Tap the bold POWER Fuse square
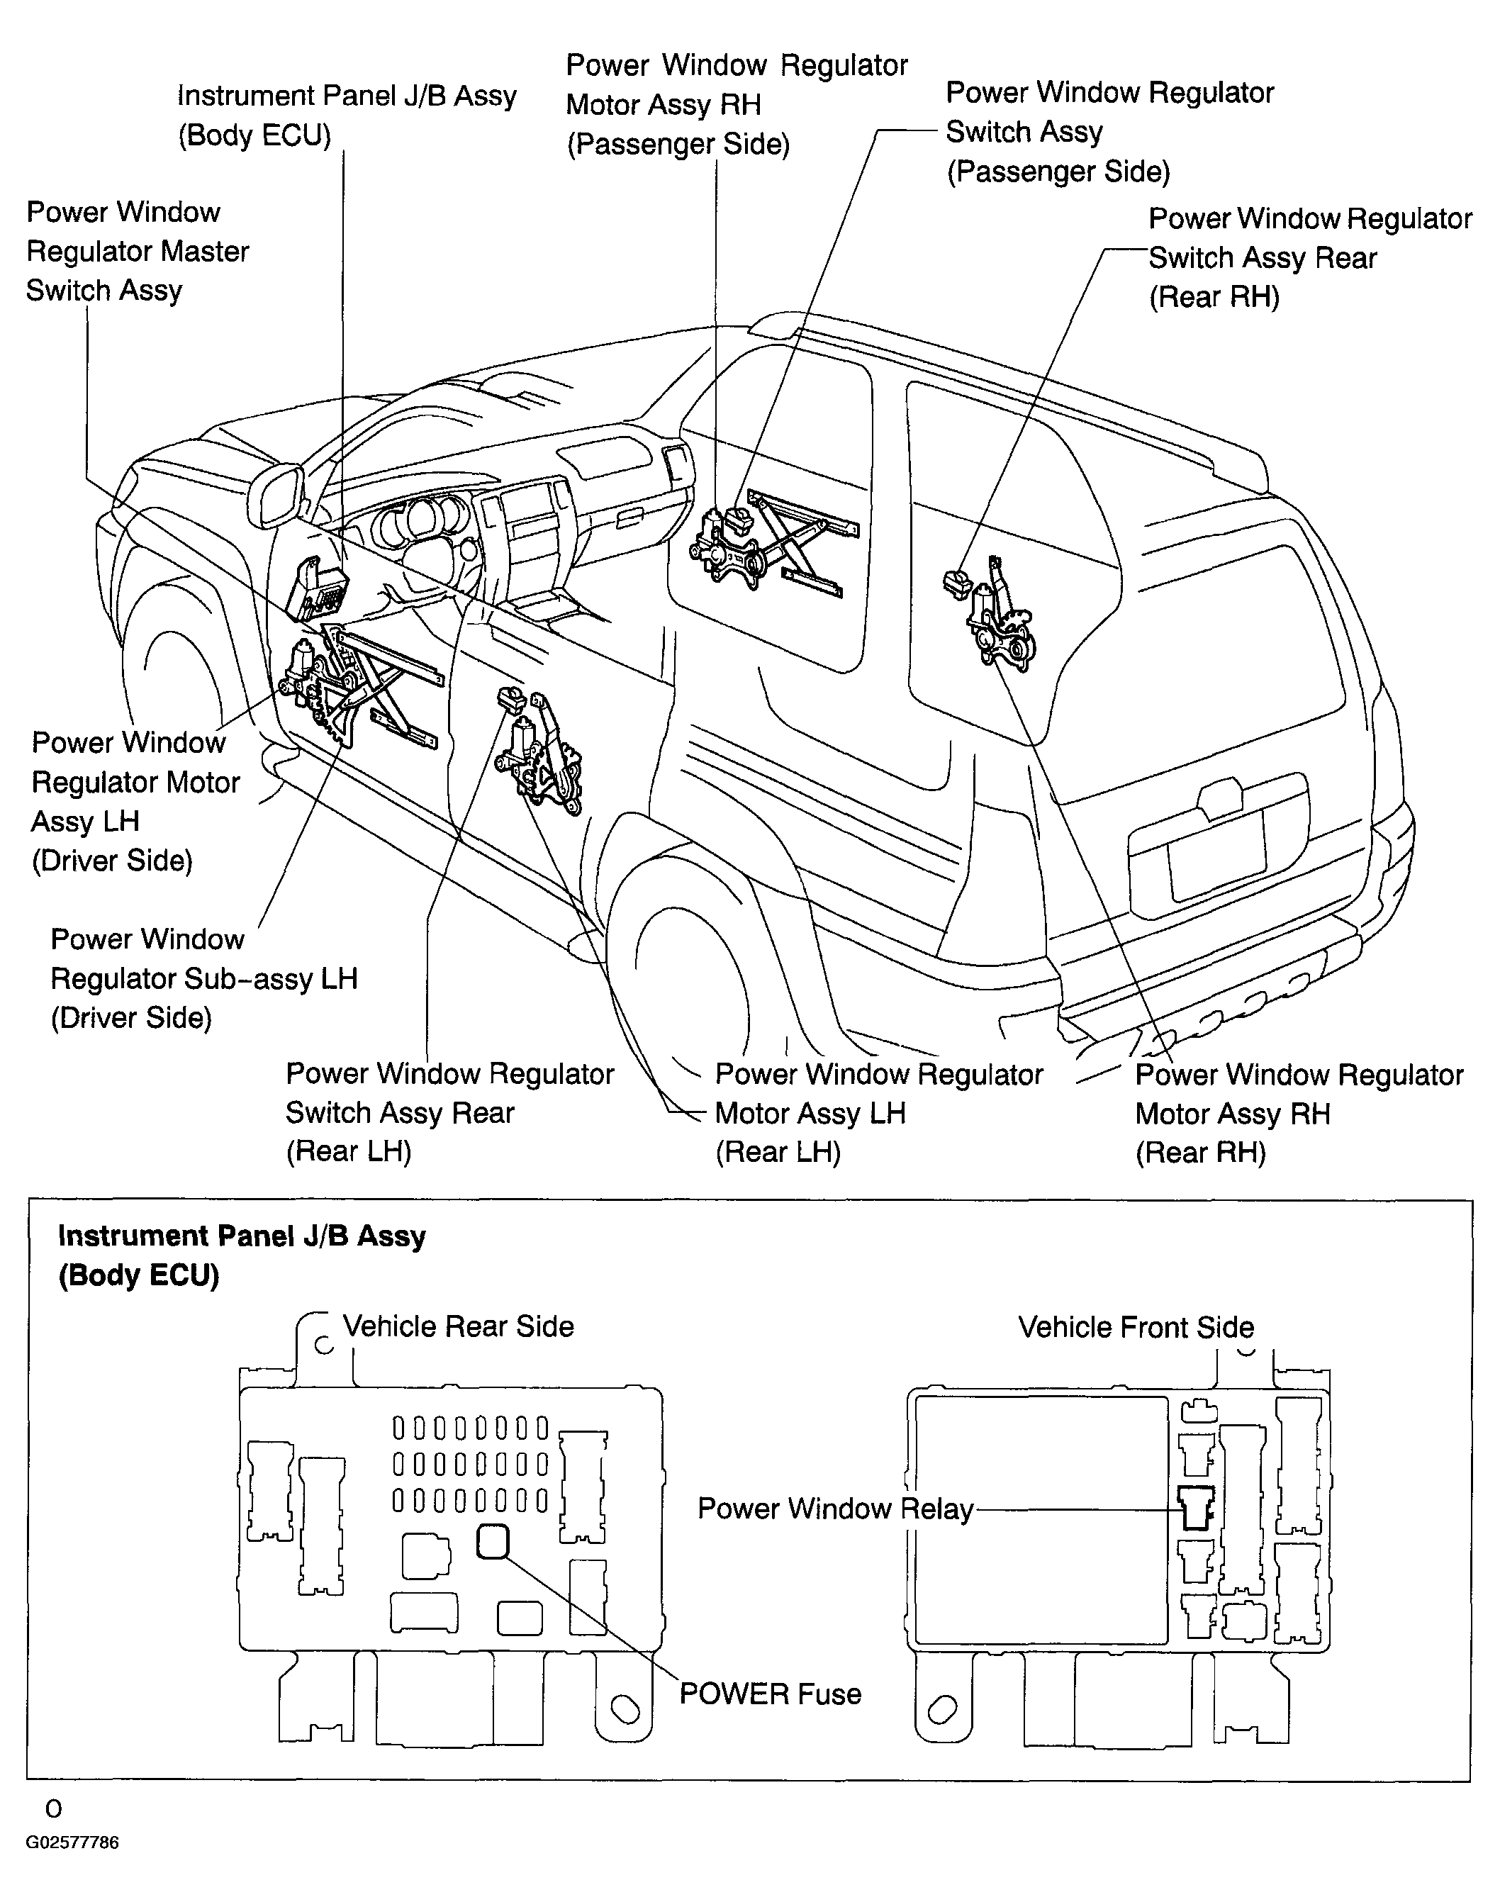tap(493, 1541)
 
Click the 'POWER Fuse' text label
tap(770, 1693)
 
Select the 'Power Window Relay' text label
tap(835, 1509)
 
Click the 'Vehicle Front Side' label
tap(1136, 1327)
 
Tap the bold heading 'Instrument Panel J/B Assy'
tap(242, 1236)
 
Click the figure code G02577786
tap(72, 1842)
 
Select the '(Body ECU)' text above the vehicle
tap(254, 135)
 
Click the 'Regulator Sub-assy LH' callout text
tap(203, 978)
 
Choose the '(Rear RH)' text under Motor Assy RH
tap(1201, 1152)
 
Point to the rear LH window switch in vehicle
tap(510, 699)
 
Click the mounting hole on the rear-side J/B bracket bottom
tap(625, 1708)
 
